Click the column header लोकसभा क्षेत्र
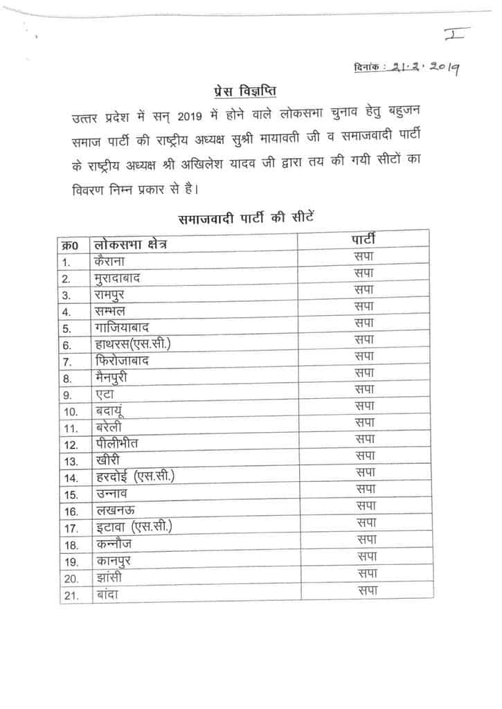coord(131,245)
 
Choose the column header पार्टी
coord(364,240)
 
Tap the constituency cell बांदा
coord(107,595)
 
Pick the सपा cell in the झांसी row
coord(366,573)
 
